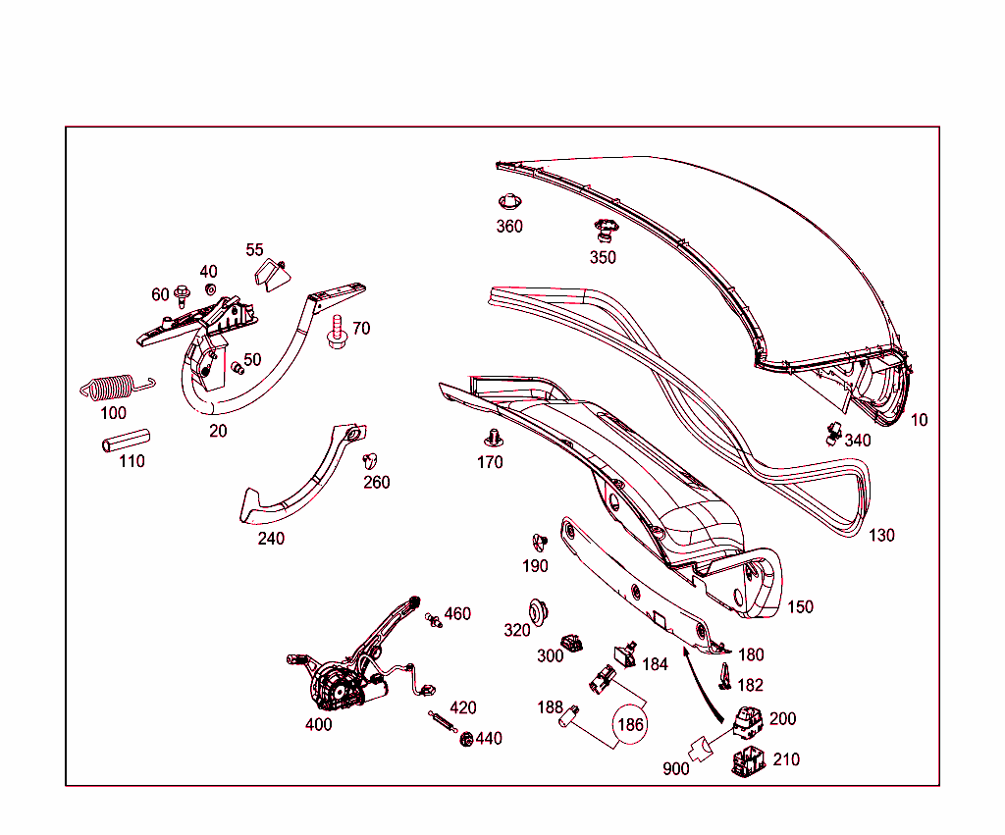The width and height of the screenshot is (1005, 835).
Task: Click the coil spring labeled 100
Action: pyautogui.click(x=117, y=387)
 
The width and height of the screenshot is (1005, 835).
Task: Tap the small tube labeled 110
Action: pyautogui.click(x=127, y=441)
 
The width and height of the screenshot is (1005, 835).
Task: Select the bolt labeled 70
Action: pyautogui.click(x=337, y=332)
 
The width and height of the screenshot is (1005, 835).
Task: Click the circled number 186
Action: pyautogui.click(x=630, y=724)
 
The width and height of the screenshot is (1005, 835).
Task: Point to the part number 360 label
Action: pyautogui.click(x=509, y=227)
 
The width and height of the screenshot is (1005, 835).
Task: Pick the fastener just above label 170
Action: pyautogui.click(x=493, y=439)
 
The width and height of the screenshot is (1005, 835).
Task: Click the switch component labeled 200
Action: pyautogui.click(x=748, y=722)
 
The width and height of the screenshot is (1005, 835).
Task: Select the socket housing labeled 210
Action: pyautogui.click(x=748, y=761)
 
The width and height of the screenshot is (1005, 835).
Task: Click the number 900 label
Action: pyautogui.click(x=675, y=768)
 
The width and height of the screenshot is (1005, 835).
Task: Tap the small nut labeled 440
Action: pyautogui.click(x=466, y=739)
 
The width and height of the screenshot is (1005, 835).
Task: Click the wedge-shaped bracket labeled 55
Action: pyautogui.click(x=273, y=275)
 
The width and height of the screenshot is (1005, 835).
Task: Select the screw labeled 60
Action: pyautogui.click(x=183, y=295)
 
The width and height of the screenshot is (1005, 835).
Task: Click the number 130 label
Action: pyautogui.click(x=881, y=535)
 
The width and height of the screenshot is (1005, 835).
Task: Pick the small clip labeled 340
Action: pyautogui.click(x=833, y=434)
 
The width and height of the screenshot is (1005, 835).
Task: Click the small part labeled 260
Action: pyautogui.click(x=370, y=460)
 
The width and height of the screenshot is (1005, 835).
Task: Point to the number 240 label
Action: pyautogui.click(x=271, y=539)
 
